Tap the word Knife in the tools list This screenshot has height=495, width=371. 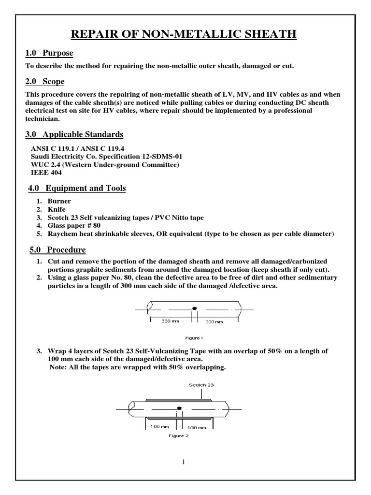tap(57, 209)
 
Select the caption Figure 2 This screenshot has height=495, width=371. tap(178, 436)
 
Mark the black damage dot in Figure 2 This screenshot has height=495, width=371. tap(179, 408)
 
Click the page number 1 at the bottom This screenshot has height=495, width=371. tap(184, 462)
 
